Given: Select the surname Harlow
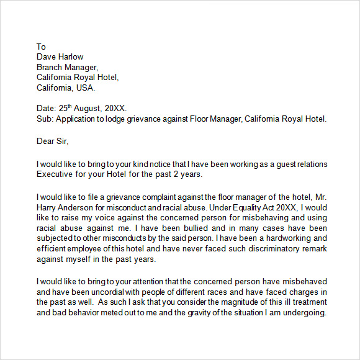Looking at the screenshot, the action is tap(71, 57).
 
